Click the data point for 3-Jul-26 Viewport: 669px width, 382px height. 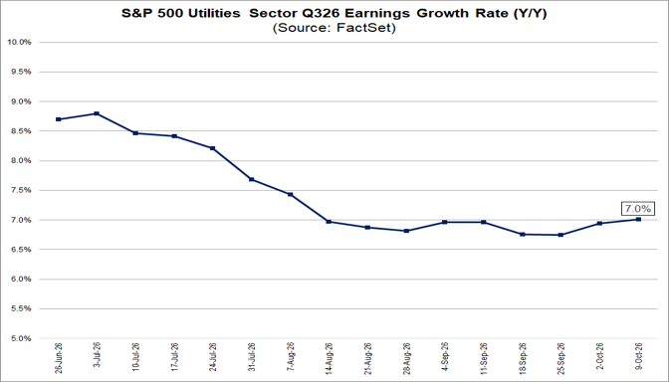pyautogui.click(x=97, y=113)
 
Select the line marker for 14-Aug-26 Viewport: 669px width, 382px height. pyautogui.click(x=329, y=222)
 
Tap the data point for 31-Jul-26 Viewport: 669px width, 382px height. pyautogui.click(x=251, y=179)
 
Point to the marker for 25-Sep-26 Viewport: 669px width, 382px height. pyautogui.click(x=560, y=235)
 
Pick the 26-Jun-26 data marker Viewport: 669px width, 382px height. pyautogui.click(x=58, y=119)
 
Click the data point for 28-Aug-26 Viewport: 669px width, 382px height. pyautogui.click(x=406, y=231)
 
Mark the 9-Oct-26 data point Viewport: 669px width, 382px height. pyautogui.click(x=638, y=219)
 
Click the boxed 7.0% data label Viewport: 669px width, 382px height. pyautogui.click(x=638, y=209)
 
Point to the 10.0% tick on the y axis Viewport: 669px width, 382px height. pyautogui.click(x=19, y=42)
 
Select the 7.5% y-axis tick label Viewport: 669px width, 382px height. pyautogui.click(x=21, y=190)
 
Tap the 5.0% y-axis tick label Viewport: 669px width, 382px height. pyautogui.click(x=21, y=338)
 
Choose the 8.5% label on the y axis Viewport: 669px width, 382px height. pyautogui.click(x=21, y=131)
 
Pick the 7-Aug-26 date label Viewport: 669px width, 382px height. pyautogui.click(x=290, y=357)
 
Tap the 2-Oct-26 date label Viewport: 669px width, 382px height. pyautogui.click(x=599, y=357)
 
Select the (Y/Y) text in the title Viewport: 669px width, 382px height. pyautogui.click(x=530, y=14)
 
